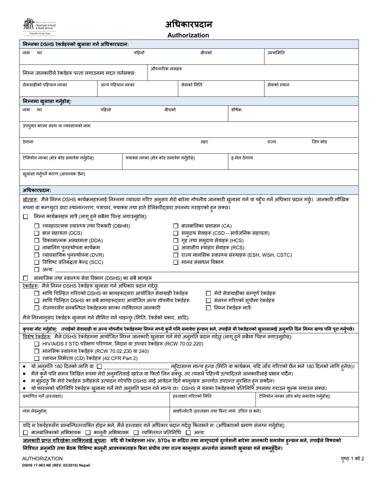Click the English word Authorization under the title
point(188,35)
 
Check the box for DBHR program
point(37,226)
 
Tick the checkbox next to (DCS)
point(37,233)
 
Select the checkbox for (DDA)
point(37,241)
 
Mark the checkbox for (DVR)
point(37,255)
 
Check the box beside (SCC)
point(37,262)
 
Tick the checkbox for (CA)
point(176,226)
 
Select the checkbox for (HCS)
point(176,241)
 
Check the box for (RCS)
point(176,248)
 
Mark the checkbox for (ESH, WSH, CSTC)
point(176,255)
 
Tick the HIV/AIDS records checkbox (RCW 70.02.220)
point(37,344)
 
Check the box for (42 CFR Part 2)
point(37,359)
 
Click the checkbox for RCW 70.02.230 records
point(37,351)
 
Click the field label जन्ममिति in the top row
point(276,53)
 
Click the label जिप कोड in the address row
point(319,142)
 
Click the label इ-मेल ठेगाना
point(242,158)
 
